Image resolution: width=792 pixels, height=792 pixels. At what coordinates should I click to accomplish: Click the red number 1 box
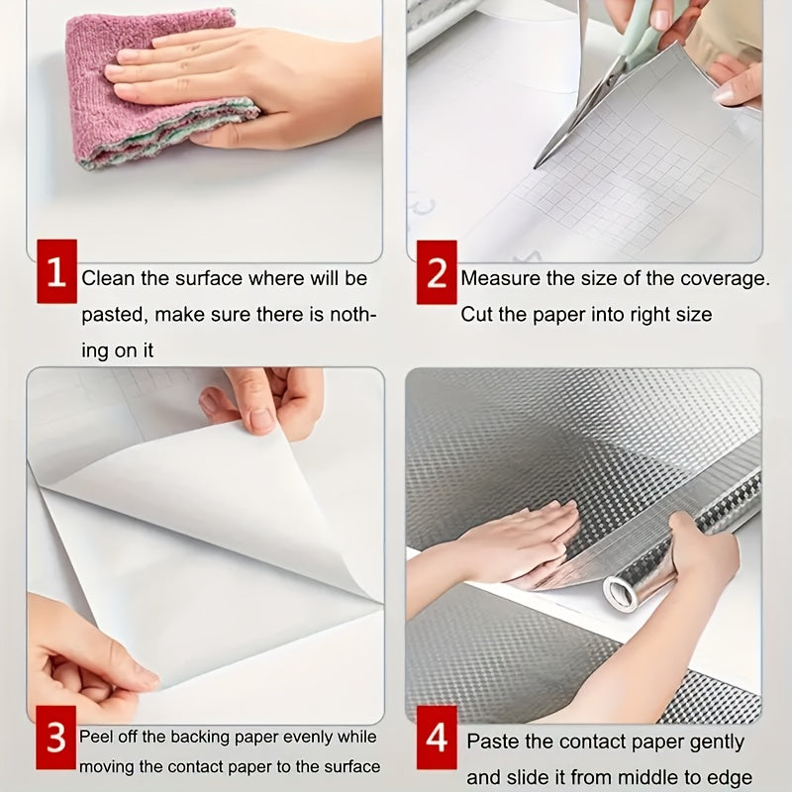[57, 271]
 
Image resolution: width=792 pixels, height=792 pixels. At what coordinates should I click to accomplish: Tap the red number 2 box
[437, 272]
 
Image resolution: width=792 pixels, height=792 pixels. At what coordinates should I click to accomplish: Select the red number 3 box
[56, 738]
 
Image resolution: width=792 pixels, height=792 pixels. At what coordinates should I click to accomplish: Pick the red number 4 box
[437, 738]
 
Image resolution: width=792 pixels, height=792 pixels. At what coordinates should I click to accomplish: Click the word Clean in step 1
[109, 278]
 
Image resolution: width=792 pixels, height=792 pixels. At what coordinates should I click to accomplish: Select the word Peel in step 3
[95, 737]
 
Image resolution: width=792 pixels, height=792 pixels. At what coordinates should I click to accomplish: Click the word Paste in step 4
[492, 742]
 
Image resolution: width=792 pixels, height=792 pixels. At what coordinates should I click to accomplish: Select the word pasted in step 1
[115, 315]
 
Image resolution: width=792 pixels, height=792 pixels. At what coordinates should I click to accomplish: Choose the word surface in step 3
[352, 766]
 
